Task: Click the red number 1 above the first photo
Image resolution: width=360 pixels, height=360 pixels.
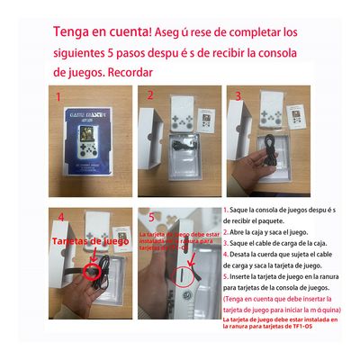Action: point(59,94)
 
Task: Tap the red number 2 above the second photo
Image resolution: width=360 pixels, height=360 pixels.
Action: point(150,93)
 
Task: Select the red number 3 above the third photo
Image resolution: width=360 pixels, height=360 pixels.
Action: point(238,94)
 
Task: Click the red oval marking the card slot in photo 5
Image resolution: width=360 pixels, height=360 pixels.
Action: point(184,274)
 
